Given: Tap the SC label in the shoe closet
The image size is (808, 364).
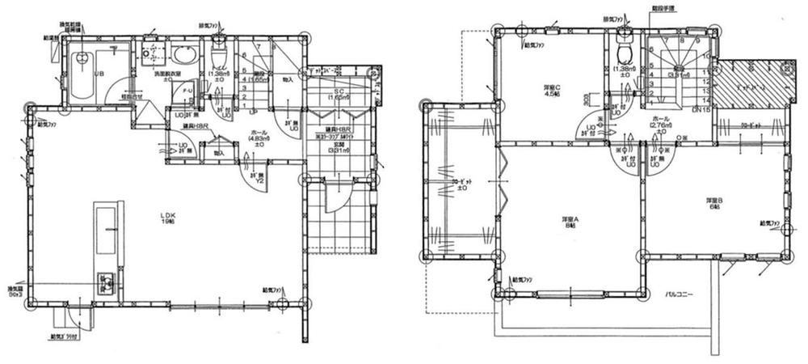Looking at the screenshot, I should point(340,93).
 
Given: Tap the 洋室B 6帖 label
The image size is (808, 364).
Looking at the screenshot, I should point(715,202).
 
